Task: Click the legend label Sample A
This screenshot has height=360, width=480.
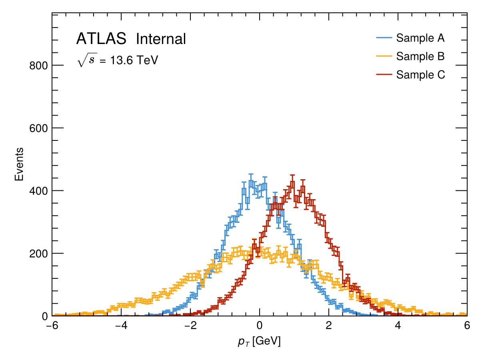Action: point(420,38)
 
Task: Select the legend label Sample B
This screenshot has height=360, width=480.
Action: point(420,56)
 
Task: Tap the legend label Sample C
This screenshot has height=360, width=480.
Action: point(420,75)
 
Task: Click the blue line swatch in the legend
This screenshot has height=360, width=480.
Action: point(384,38)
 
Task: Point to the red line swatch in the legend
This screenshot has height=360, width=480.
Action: point(384,75)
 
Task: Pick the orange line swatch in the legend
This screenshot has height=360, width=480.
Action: point(384,56)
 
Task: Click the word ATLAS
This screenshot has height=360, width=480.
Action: point(101,39)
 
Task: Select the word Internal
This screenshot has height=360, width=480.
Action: point(161,39)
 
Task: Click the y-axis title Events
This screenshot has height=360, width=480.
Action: point(19,164)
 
